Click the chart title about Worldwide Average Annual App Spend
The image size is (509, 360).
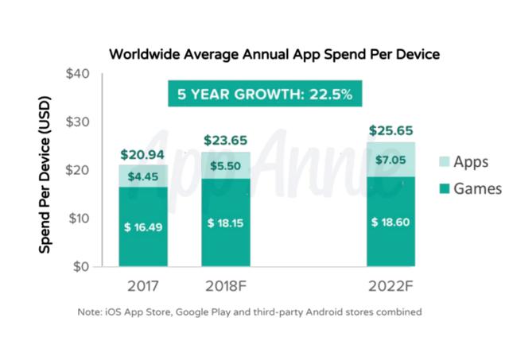[274, 54]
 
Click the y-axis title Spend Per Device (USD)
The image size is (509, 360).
[46, 171]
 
